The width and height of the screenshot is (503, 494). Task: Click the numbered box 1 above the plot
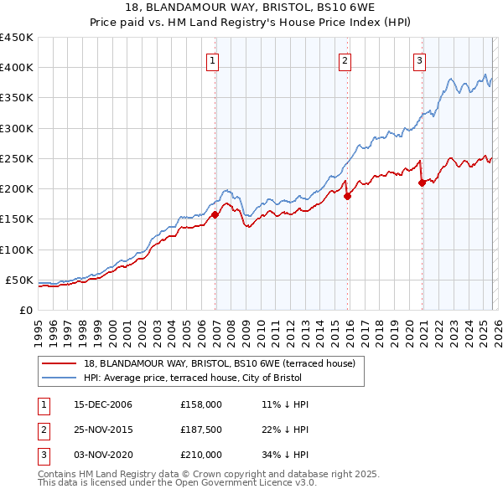212,59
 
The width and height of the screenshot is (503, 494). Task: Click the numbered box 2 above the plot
345,59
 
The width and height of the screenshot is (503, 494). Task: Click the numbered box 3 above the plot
418,59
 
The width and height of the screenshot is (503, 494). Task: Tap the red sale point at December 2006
215,214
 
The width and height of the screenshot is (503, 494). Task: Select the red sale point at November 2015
347,197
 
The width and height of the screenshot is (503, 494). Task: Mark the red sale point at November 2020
422,183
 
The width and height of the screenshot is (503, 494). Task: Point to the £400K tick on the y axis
17,68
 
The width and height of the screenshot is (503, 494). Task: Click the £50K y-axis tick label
19,280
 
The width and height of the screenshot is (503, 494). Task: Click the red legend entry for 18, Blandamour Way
220,363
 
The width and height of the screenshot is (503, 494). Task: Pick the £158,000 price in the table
201,404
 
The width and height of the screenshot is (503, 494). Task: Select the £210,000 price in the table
201,455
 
